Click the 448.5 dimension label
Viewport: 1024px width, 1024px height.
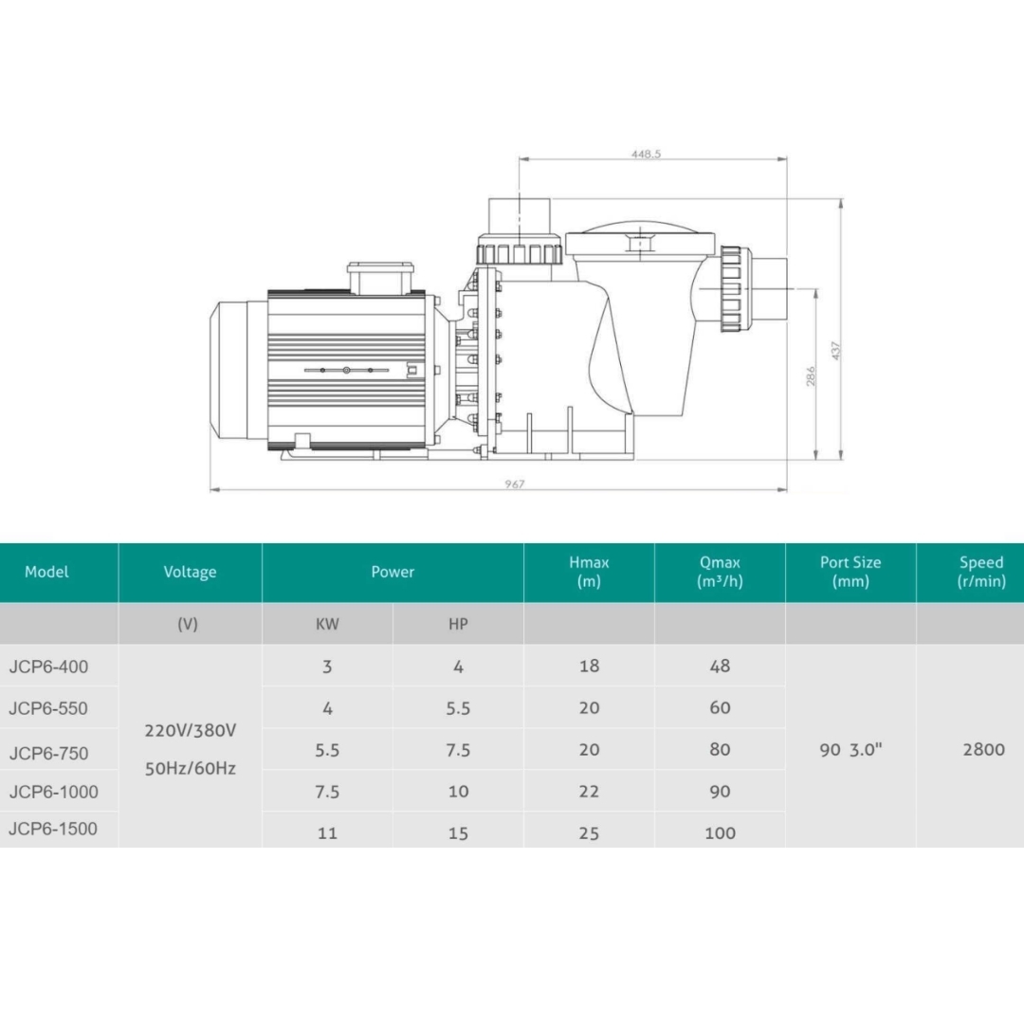coord(646,155)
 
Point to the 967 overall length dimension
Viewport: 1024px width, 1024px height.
coord(515,484)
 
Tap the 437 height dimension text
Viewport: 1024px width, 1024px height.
coord(836,351)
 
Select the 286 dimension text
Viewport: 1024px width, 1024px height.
coord(811,376)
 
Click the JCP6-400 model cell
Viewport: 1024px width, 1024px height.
coord(48,667)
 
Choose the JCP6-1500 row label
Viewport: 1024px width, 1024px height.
coord(53,829)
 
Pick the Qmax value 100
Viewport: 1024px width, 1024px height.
coord(720,833)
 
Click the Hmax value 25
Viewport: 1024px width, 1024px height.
coord(589,833)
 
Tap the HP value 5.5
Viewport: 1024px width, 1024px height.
coord(458,708)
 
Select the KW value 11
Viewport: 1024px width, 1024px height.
coord(327,833)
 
